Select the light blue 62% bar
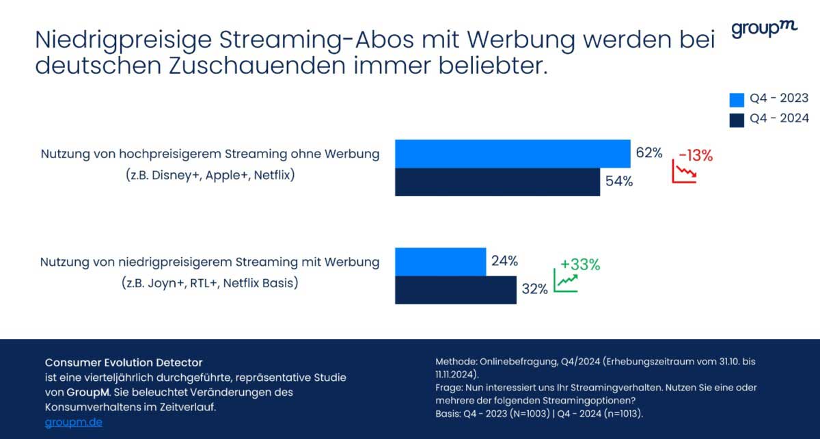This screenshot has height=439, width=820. point(512,154)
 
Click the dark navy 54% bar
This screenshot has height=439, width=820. point(497,182)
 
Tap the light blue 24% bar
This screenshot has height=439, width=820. point(440,262)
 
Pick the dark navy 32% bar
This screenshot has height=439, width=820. point(455,290)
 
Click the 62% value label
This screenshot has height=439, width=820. point(649,153)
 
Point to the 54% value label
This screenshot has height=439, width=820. point(619,182)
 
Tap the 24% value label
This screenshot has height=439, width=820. point(504,261)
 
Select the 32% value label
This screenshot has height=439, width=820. point(534,289)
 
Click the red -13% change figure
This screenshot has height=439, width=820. point(696,156)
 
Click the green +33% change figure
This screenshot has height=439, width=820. point(579,265)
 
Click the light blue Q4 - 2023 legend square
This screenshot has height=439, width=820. point(736,100)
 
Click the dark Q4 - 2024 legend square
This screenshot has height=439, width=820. point(736,120)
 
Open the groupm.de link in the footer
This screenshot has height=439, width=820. point(74,422)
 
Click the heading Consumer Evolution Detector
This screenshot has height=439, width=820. point(124,362)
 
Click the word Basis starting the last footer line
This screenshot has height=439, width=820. point(448,414)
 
